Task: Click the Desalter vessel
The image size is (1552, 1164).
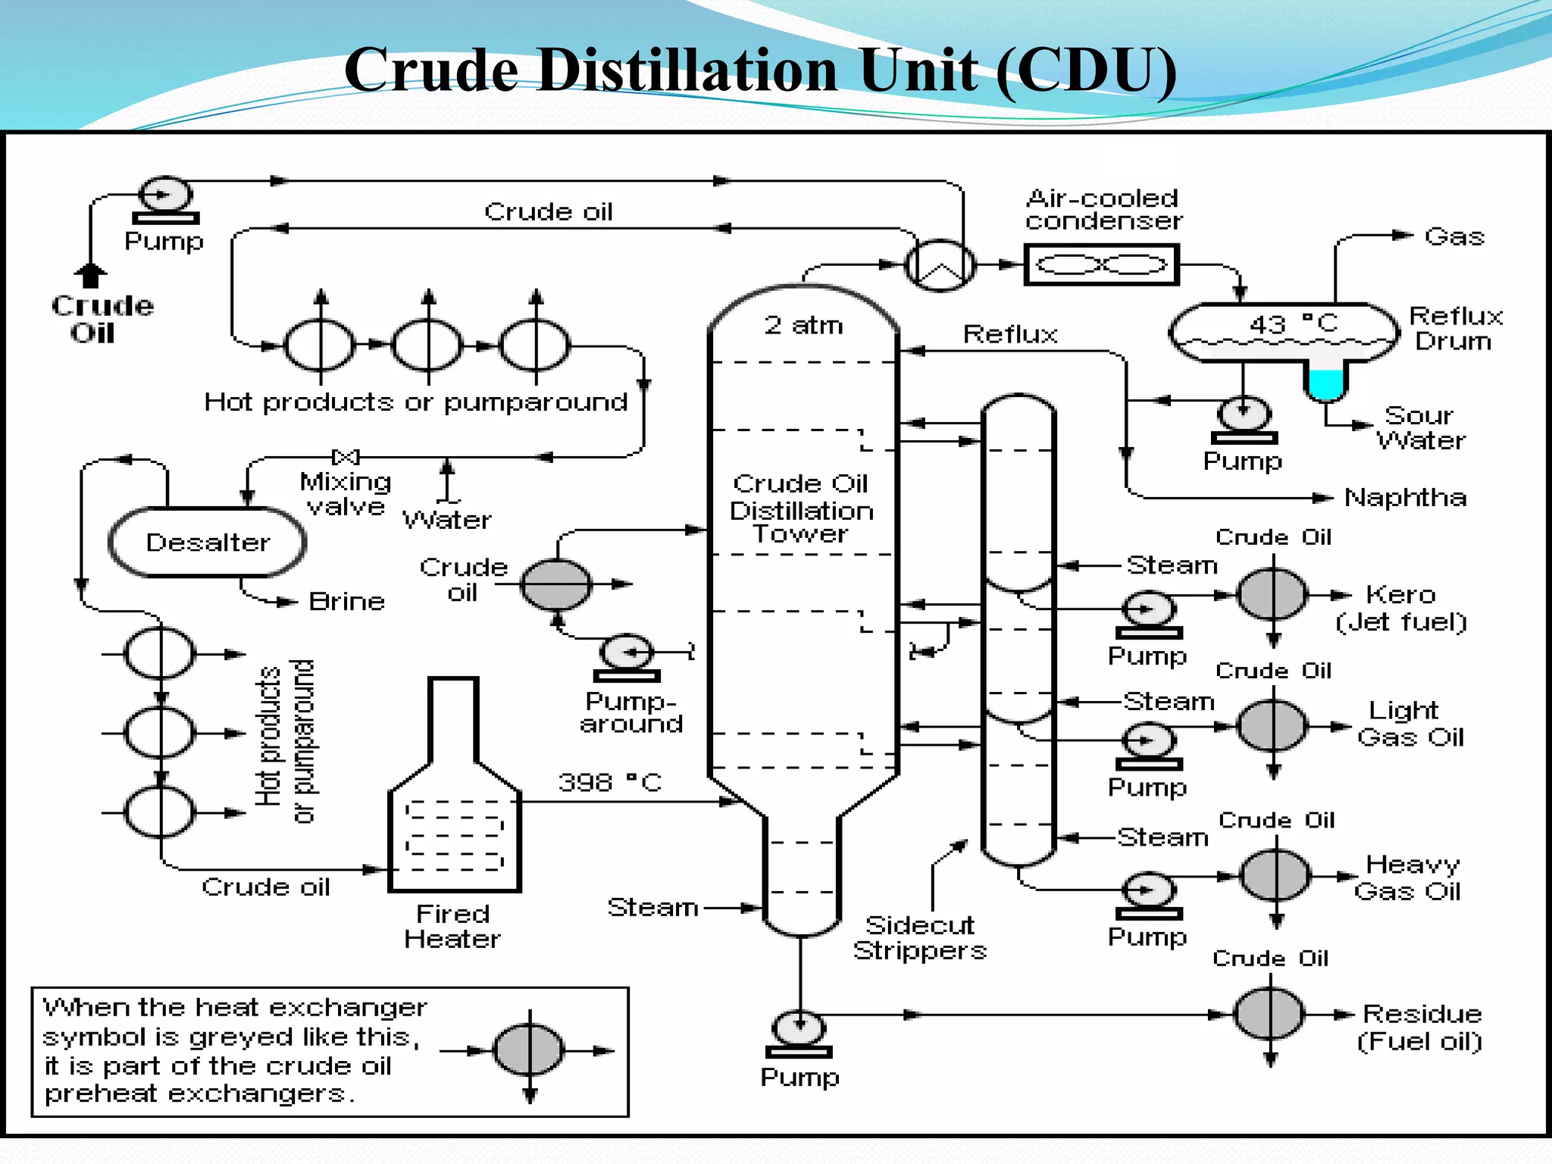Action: tap(207, 543)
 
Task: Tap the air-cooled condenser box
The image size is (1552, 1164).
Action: tap(1101, 264)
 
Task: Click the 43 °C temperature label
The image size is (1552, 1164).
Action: tap(1293, 324)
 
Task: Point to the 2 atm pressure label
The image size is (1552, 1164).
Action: tap(803, 325)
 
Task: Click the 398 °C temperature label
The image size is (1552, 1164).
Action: tap(610, 782)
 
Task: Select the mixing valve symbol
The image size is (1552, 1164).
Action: tap(346, 456)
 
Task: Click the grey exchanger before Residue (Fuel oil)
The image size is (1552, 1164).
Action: tap(1271, 1014)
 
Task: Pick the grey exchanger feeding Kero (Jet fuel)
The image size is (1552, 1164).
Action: tap(1272, 595)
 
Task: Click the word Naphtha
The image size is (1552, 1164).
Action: tap(1405, 498)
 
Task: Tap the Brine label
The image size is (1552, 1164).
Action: tap(347, 602)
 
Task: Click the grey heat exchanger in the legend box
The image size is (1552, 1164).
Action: tap(529, 1050)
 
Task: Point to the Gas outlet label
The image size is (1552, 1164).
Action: tap(1453, 236)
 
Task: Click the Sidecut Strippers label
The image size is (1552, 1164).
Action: tap(919, 937)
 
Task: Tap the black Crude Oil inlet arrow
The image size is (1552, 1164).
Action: tap(90, 275)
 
